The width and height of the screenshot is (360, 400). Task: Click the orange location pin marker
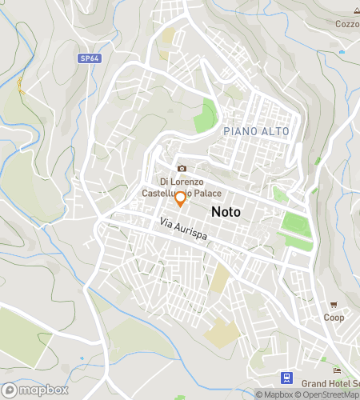180,199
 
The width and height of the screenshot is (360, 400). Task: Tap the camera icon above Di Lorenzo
182,168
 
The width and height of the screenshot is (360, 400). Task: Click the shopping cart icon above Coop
334,305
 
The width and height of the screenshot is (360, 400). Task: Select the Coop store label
334,318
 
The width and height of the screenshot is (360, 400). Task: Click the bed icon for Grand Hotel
337,370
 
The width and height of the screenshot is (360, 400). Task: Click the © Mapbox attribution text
274,394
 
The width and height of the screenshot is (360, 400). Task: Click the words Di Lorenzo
182,182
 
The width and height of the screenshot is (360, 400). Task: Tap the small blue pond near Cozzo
342,52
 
